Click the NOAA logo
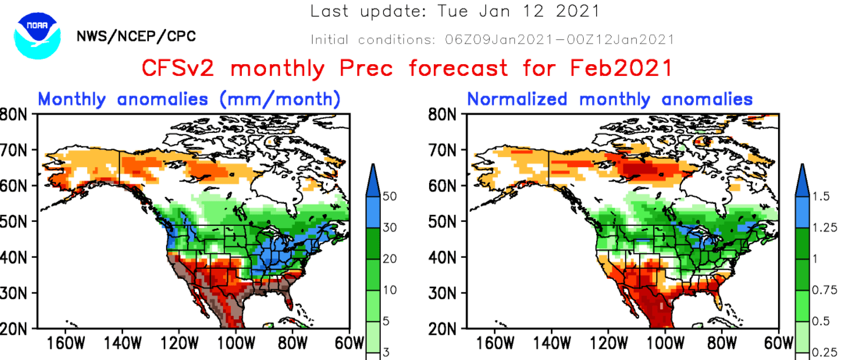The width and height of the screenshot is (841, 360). tap(38, 37)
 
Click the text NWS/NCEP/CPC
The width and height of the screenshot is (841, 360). tap(136, 36)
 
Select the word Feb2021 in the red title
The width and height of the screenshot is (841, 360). tap(621, 69)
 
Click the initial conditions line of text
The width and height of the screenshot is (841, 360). tap(492, 40)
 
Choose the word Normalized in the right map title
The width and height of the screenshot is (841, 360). tap(517, 99)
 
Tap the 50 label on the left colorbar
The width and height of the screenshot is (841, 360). tap(389, 196)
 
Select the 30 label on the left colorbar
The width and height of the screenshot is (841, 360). tap(389, 228)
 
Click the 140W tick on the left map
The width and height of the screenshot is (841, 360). tap(120, 343)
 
